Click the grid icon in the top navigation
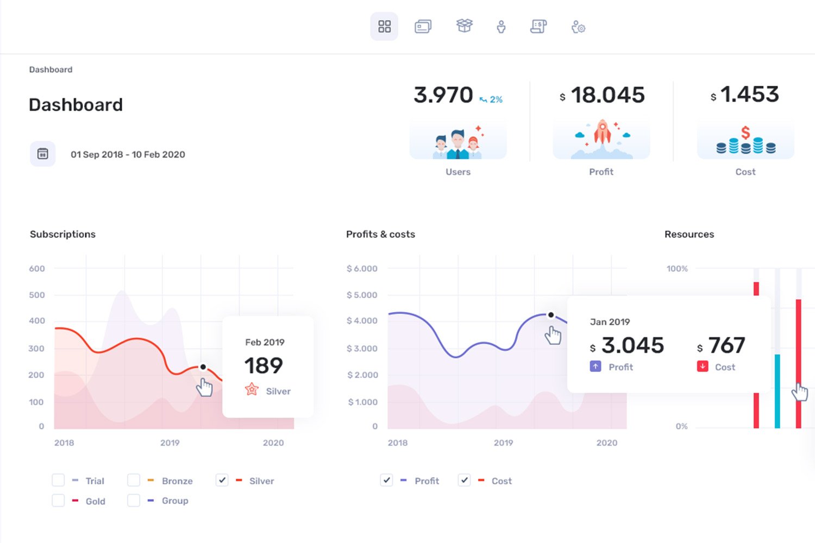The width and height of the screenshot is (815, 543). (x=384, y=27)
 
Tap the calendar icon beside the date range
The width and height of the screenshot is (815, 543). (x=43, y=154)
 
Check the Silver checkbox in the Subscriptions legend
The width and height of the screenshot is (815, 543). (x=222, y=480)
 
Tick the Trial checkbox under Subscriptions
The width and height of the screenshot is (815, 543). (x=58, y=480)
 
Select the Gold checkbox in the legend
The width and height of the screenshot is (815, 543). (x=58, y=500)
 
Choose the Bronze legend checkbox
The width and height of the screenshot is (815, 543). (x=134, y=480)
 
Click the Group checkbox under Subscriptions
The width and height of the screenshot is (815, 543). (x=134, y=500)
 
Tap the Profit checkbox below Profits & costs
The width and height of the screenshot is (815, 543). (x=386, y=480)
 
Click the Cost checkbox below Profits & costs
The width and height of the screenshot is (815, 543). (x=464, y=480)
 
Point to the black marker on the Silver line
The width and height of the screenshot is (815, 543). (x=203, y=367)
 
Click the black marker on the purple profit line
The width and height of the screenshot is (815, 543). (x=551, y=315)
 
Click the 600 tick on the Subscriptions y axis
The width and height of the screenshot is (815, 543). (x=37, y=269)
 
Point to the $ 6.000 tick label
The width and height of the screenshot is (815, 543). (x=362, y=269)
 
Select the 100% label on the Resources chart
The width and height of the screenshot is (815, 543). (x=677, y=269)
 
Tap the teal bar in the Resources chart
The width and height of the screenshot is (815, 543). (x=778, y=391)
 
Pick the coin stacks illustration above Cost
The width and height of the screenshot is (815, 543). (x=745, y=141)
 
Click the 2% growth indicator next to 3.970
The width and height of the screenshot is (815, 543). (x=491, y=100)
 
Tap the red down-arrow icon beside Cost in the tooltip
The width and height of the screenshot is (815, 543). (x=703, y=366)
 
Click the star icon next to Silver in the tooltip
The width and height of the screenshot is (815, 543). (x=252, y=389)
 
